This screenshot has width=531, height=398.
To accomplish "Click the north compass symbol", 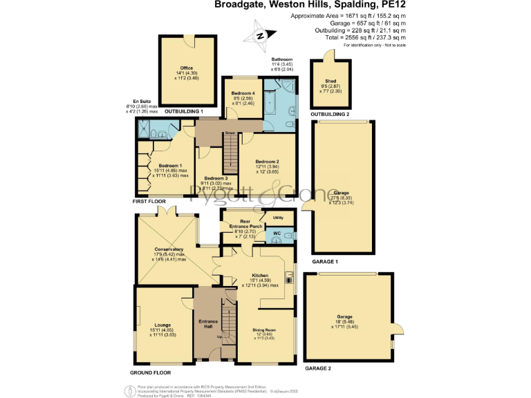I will point(260,37).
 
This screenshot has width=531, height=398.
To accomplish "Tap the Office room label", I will point(187,68).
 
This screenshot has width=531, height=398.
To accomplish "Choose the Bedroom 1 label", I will point(170,166).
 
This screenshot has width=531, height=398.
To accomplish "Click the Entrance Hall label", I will point(208,325).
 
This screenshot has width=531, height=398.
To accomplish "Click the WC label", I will point(276,234).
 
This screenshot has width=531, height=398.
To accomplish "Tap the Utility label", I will point(278,218).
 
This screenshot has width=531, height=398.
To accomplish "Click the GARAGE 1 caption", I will point(326,263).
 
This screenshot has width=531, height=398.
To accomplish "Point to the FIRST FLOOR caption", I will point(150,202).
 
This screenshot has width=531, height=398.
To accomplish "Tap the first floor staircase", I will point(230,153).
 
